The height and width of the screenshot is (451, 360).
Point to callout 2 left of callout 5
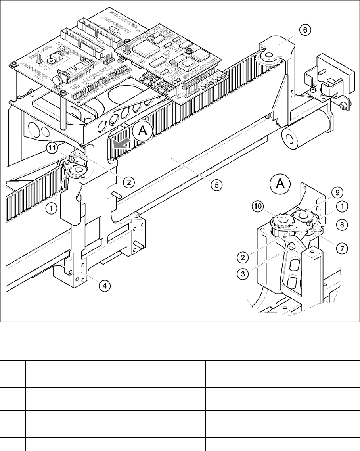pos(128,183)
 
